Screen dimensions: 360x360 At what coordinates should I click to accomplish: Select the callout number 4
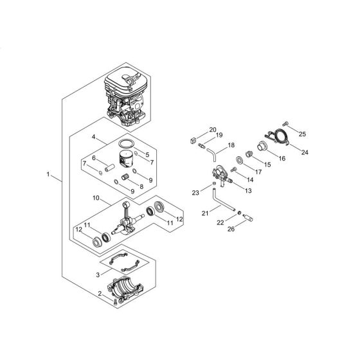[x=94, y=138]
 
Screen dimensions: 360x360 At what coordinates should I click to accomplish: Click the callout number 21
[x=204, y=213]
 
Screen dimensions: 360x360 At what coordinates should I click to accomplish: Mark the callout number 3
[x=97, y=273]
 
